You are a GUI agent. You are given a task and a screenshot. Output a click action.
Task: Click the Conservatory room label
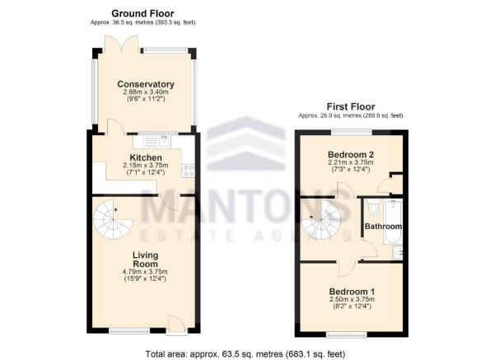point(145,84)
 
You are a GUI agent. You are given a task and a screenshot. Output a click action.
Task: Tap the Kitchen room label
point(145,157)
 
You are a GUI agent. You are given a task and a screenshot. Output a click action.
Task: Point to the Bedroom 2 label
point(351,154)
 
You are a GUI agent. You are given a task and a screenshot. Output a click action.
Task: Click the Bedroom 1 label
point(351,292)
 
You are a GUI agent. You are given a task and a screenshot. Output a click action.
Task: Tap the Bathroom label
point(384,227)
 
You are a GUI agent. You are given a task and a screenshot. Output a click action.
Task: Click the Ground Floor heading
point(143,14)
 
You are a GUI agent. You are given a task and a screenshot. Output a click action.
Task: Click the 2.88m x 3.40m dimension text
point(145,93)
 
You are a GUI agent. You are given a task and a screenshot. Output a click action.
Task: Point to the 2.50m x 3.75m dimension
point(351,302)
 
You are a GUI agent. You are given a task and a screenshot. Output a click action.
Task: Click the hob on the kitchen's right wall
point(188,171)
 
